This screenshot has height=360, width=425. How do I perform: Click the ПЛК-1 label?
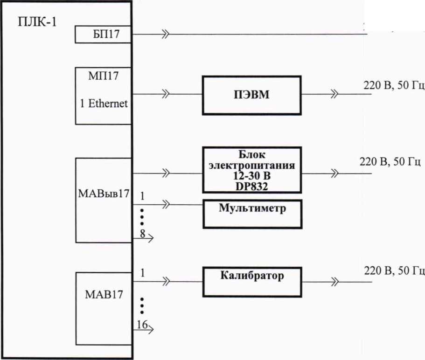pyautogui.click(x=37, y=22)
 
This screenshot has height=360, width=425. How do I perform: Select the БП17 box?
pyautogui.click(x=103, y=35)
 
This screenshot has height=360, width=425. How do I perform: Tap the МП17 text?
pyautogui.click(x=103, y=76)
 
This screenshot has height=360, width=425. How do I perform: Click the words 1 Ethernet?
pyautogui.click(x=104, y=104)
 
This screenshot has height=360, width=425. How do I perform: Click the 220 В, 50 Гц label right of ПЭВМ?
pyautogui.click(x=393, y=85)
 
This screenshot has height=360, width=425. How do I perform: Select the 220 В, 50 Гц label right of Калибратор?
pyautogui.click(x=394, y=270)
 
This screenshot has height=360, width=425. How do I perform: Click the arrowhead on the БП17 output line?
pyautogui.click(x=165, y=35)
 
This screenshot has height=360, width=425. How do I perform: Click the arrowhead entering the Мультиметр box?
pyautogui.click(x=165, y=204)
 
